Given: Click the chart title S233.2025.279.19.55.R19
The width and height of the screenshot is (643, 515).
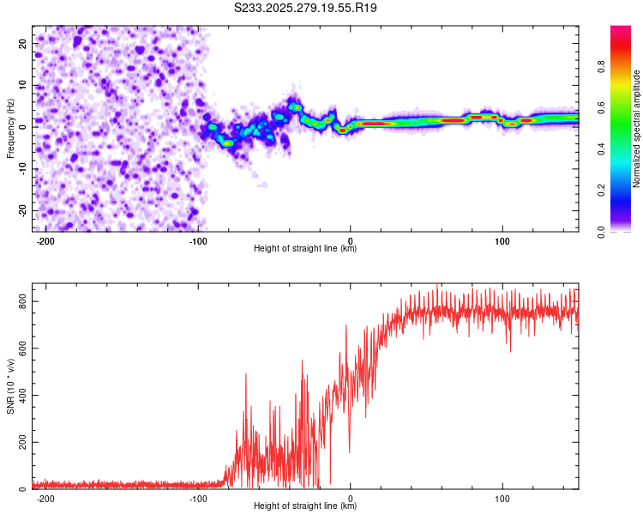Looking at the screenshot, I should (306, 8).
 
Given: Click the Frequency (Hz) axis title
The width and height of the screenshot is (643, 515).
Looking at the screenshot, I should (10, 129).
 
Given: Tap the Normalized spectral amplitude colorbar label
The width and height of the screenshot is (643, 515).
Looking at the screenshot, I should (636, 130).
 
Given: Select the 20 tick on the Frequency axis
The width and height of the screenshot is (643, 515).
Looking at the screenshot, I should (22, 43).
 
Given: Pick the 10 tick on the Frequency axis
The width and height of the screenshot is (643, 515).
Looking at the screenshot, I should (22, 85).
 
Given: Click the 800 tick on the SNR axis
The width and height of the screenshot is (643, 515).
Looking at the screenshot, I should (21, 302).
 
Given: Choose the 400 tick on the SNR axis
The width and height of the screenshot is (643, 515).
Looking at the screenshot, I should (21, 396).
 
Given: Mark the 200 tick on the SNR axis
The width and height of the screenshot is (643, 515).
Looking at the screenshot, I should (21, 443).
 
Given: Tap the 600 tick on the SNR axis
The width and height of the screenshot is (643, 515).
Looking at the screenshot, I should (21, 349).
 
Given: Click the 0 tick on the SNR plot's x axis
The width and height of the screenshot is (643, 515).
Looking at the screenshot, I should (351, 499).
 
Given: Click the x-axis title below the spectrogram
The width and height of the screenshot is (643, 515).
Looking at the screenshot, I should (305, 249).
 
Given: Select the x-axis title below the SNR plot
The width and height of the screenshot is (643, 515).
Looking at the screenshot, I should (305, 506).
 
